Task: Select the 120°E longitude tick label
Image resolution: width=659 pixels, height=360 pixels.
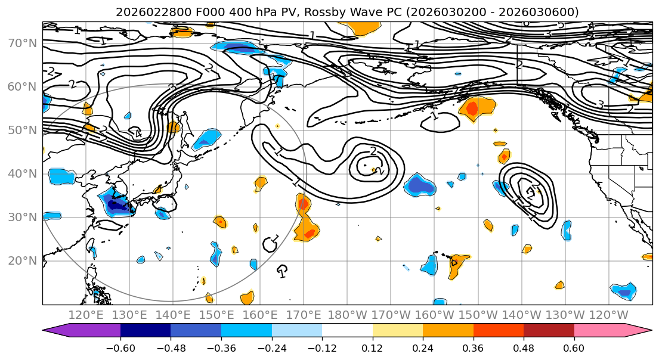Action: coord(86,315)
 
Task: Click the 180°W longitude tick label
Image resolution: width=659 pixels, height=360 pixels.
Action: coord(348,315)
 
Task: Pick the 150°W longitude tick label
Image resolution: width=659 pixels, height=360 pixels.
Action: coord(478,315)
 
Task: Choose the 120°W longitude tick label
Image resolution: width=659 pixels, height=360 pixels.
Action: coord(609,315)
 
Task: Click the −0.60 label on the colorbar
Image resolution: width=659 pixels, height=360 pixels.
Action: coord(120,347)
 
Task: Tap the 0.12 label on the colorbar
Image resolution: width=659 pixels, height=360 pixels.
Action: coord(372,347)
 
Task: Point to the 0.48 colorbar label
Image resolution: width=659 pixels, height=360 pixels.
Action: coord(524,347)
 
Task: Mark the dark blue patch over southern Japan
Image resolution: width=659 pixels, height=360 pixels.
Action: coord(119,206)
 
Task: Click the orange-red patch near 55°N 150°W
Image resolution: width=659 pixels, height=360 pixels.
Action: coord(472,108)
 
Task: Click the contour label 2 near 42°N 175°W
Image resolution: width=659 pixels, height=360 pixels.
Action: coord(373,151)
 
